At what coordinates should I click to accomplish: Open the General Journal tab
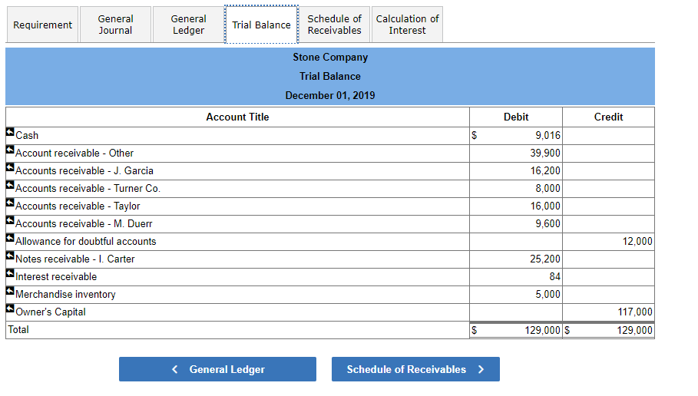point(115,25)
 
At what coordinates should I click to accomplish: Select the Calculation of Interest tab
point(407,25)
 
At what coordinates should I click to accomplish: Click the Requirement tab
point(43,25)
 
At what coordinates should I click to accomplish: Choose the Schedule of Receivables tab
point(334,25)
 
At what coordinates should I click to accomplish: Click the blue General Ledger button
point(217,369)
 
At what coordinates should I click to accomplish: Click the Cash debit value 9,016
point(547,136)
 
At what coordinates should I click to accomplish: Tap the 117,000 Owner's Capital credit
point(635,312)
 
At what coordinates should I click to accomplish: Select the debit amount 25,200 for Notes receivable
point(545,259)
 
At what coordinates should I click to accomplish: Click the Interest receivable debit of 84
point(554,277)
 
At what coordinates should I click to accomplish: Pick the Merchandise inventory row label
point(65,295)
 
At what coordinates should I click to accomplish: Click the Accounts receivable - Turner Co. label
point(88,189)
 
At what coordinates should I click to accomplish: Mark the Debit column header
point(516,117)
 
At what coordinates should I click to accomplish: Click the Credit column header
point(608,117)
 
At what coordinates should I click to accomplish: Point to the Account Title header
point(237,117)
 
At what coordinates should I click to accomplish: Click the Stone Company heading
point(330,58)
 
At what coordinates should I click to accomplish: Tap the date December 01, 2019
point(330,96)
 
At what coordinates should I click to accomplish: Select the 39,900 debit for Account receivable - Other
point(545,153)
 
